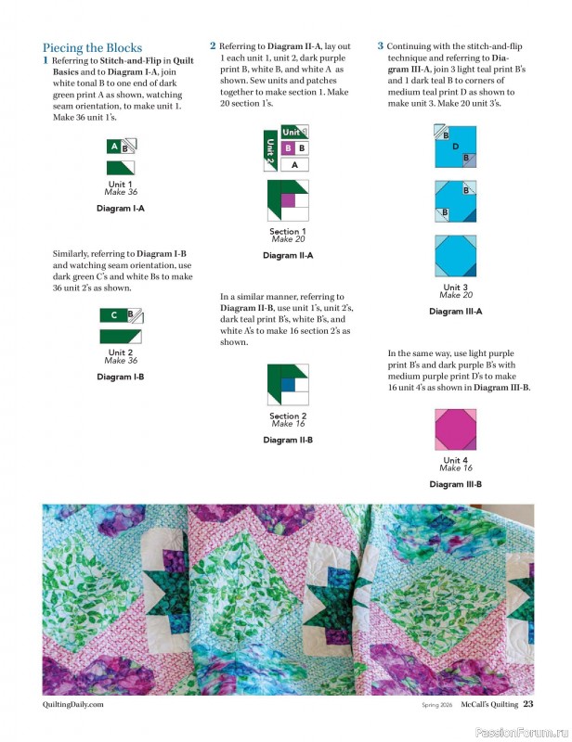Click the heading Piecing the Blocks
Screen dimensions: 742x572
93,48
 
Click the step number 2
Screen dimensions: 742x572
213,45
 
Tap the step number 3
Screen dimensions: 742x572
380,45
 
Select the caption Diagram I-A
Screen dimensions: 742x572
120,209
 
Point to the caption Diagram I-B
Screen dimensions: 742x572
120,377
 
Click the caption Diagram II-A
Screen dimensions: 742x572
288,255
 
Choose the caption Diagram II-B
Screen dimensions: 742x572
288,440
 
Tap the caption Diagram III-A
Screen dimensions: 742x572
455,312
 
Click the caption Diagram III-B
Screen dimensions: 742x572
455,484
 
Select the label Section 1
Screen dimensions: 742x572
288,231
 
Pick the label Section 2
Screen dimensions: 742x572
288,416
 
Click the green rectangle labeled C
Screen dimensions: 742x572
113,315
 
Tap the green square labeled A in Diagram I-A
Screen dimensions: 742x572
114,146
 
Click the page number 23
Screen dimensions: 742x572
527,704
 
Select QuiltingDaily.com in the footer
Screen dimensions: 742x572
72,705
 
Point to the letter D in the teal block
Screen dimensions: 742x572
455,147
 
